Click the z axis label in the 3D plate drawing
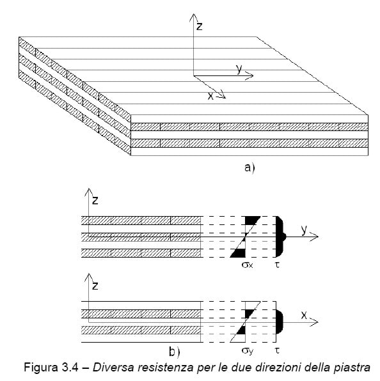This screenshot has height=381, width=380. [200, 26]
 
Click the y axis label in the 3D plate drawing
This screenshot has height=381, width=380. [239, 69]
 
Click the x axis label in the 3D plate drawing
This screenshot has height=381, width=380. [210, 97]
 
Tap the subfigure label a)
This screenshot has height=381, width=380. [249, 168]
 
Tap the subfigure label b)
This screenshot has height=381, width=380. [174, 352]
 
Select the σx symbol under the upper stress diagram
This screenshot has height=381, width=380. [247, 265]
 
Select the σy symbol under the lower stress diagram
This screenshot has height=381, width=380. [248, 350]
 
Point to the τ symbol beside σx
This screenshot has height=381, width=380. [277, 265]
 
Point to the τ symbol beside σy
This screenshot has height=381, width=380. [277, 350]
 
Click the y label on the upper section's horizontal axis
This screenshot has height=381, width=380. [304, 229]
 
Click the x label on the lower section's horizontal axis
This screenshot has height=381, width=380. [304, 315]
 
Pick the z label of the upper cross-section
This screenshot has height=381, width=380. [95, 201]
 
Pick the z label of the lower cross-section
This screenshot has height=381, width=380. [95, 286]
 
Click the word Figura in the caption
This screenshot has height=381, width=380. [40, 368]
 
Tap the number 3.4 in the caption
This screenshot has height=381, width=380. [69, 367]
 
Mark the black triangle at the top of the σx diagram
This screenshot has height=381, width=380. [251, 220]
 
